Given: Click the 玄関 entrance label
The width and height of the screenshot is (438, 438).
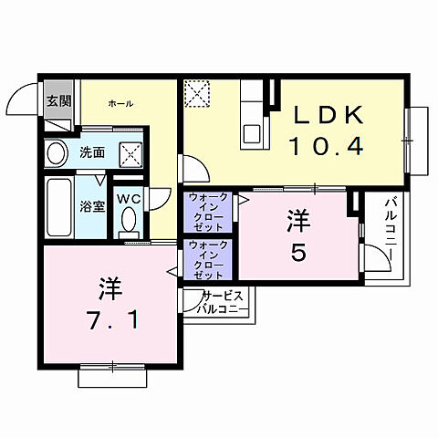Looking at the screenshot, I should [x=57, y=101].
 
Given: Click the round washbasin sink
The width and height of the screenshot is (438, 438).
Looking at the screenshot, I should [x=57, y=153].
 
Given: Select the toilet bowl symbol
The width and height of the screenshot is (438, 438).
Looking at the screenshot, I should [x=129, y=220].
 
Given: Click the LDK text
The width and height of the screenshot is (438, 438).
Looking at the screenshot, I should [x=329, y=116].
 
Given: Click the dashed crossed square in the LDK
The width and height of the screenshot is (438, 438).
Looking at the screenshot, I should [x=197, y=94].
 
